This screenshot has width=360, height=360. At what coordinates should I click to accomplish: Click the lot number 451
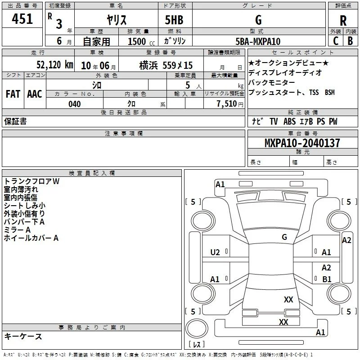[x=22, y=18]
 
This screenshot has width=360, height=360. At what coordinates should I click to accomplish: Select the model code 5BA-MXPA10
[x=258, y=41]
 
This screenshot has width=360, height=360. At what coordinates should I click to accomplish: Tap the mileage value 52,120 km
[x=55, y=65]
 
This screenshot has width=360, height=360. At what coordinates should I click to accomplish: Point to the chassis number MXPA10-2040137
[x=302, y=143]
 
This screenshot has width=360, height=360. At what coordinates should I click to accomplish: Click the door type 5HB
[x=174, y=20]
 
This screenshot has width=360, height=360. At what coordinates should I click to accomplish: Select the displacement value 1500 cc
[x=141, y=41]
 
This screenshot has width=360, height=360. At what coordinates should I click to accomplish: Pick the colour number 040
[x=75, y=104]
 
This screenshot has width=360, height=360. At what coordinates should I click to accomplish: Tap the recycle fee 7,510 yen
[x=230, y=104]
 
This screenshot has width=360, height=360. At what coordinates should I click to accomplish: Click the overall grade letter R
[x=343, y=21]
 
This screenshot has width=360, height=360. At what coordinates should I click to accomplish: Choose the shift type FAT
[x=13, y=94]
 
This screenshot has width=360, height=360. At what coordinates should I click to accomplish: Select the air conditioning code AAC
[x=35, y=94]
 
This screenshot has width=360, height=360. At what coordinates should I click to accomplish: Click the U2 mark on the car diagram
[x=215, y=252]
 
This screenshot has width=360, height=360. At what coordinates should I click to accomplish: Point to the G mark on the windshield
[x=284, y=237]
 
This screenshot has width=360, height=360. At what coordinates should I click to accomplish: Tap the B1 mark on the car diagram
[x=327, y=279]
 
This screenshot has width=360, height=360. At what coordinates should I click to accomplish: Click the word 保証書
[x=15, y=121]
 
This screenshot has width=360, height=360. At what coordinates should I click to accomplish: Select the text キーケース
[x=23, y=336]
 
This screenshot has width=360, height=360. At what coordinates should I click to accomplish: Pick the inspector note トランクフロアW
[x=31, y=181]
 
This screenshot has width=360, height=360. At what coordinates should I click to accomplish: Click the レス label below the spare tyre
[x=197, y=344]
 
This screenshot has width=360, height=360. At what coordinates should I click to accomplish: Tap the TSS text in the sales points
[x=314, y=92]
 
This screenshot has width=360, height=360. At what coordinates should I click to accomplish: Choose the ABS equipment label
[x=289, y=121]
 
